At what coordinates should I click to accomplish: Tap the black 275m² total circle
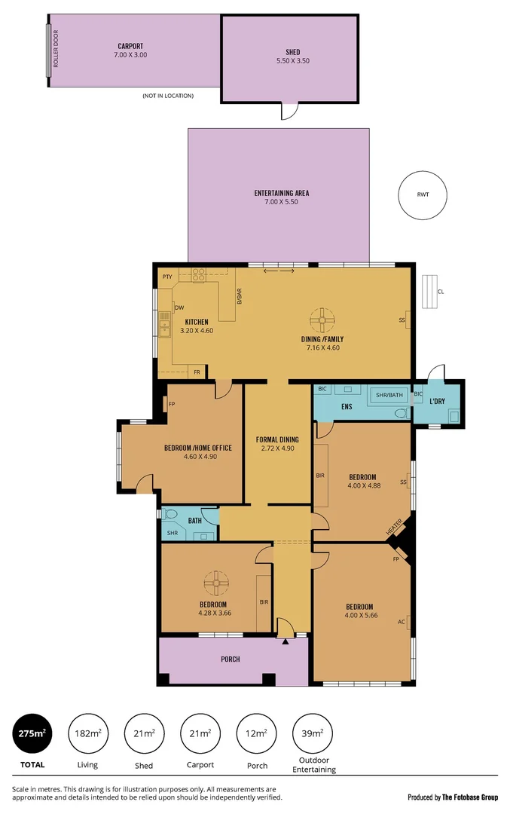[32, 733]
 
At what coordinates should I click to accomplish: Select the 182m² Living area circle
[88, 733]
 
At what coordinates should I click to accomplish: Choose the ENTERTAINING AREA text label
[281, 197]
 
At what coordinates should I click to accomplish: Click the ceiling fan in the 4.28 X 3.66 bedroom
[215, 581]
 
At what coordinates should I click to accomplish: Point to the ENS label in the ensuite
[347, 407]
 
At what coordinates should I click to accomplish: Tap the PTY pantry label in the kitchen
[166, 277]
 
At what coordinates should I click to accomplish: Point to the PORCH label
[231, 659]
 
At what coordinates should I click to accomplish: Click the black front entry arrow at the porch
[285, 641]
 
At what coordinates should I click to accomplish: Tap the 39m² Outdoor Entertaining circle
[312, 733]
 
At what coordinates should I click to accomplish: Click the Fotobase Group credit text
[452, 797]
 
